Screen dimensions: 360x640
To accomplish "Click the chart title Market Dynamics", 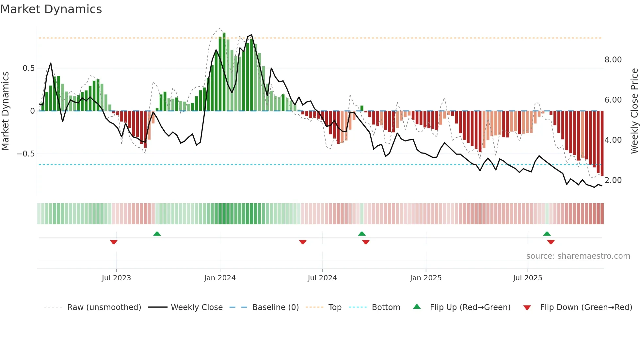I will tap(51, 9).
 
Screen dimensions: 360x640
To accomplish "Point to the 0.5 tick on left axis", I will tap(28, 68).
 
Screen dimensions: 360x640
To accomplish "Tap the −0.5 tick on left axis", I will tap(25, 154).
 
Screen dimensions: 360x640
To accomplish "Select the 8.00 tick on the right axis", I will tap(613, 60).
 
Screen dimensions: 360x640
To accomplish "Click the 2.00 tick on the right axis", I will tap(613, 180).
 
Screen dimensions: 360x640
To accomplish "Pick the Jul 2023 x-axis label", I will tap(116, 278).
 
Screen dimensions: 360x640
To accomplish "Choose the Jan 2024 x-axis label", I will tap(220, 278).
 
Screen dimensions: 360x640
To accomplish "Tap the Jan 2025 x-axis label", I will tap(426, 278).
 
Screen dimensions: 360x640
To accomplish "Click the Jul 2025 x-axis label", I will tap(527, 278).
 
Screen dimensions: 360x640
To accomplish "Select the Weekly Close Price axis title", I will tap(634, 111).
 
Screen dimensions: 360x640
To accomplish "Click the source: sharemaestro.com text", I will tap(578, 256).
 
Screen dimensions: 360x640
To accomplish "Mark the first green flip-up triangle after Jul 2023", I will tap(157, 234).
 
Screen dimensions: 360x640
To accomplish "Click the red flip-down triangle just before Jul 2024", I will tap(303, 242).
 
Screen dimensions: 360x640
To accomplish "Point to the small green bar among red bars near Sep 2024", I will tap(362, 108).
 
